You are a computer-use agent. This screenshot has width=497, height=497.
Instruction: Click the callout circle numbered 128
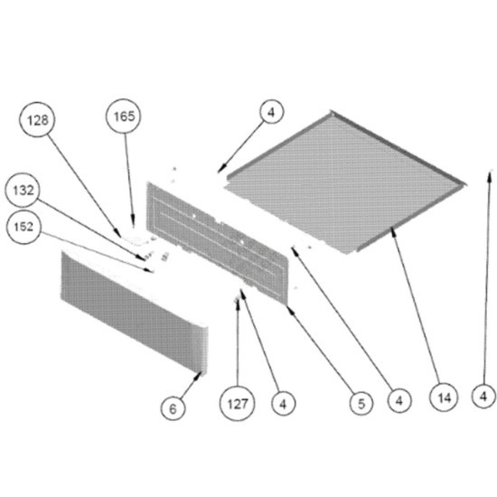[37, 119]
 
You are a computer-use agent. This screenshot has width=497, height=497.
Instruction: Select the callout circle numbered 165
[123, 116]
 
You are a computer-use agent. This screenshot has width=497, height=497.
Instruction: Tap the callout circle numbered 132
[23, 190]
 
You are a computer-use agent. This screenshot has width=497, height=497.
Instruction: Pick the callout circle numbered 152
[23, 227]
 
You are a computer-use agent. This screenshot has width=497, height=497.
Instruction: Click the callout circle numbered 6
[173, 408]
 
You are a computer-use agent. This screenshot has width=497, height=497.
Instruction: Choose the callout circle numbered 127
[237, 404]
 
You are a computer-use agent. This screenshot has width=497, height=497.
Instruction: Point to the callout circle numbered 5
[361, 404]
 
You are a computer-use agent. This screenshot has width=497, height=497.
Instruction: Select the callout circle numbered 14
[444, 398]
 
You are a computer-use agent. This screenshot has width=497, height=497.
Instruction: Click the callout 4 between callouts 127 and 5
[284, 404]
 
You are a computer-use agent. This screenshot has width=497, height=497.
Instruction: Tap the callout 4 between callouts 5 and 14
[399, 400]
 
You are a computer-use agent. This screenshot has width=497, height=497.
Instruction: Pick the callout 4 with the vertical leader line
[483, 396]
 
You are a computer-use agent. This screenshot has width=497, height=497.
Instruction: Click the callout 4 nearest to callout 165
[272, 112]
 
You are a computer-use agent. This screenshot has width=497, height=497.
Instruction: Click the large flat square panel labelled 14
[345, 183]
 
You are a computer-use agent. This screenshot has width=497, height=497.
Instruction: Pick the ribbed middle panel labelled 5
[217, 242]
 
